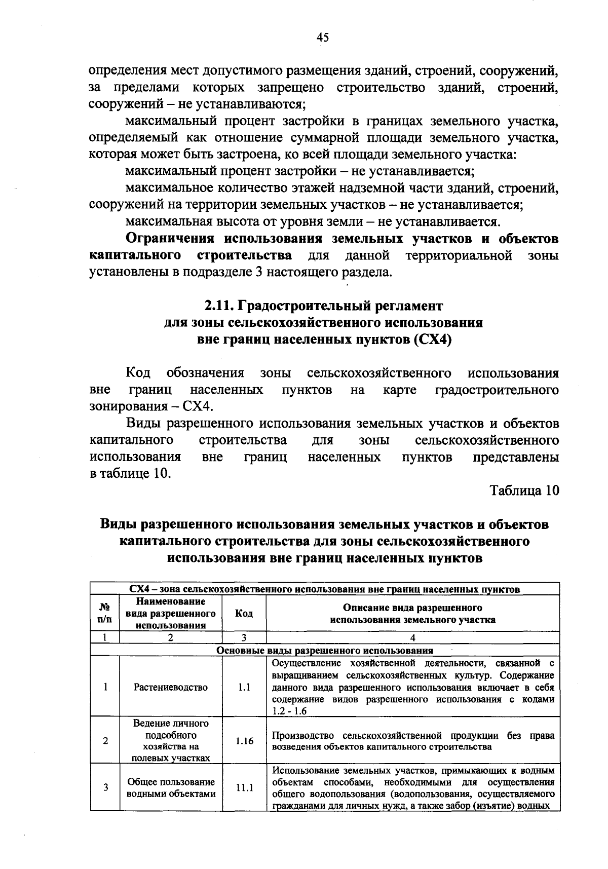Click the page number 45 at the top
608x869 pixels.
323,37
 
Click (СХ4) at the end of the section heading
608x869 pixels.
432,339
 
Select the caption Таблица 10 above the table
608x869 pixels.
524,490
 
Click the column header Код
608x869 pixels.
244,613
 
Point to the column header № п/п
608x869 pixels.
105,613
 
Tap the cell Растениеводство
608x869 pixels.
171,687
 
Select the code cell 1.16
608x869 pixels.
244,741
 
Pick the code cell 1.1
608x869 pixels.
244,687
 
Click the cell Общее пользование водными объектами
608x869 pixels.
171,788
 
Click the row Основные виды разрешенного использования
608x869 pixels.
325,650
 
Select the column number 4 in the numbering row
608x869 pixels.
412,638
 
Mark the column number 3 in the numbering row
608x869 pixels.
244,638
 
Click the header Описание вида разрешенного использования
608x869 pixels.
412,613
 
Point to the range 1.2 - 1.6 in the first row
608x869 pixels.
289,711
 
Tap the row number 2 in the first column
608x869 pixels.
105,741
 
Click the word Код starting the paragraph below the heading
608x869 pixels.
138,373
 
